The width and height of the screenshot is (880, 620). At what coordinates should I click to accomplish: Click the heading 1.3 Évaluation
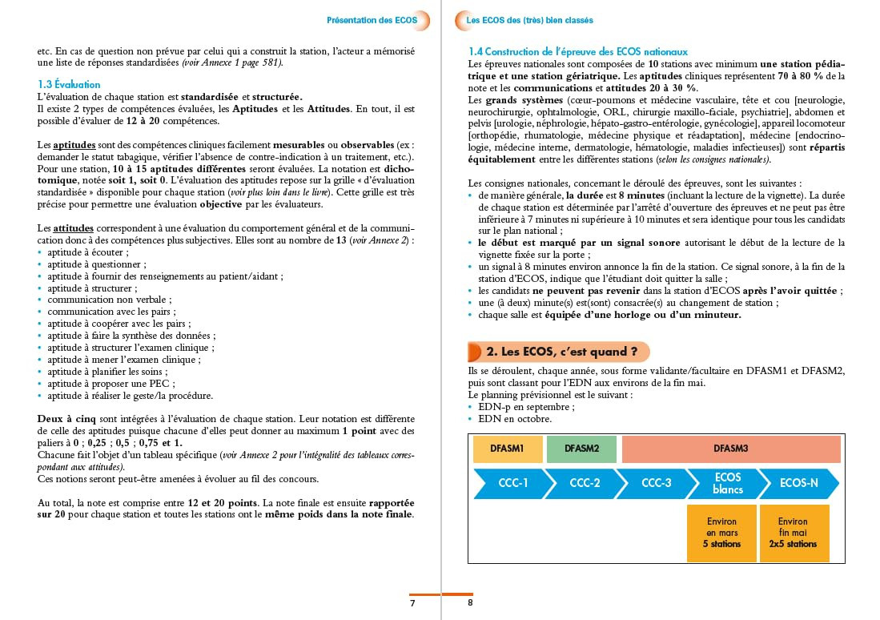69,84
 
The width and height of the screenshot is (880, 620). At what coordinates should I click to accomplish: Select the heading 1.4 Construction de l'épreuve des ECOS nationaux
577,51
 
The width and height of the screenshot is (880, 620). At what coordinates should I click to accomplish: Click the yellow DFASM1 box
508,449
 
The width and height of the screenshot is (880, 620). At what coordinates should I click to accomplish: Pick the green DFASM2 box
581,449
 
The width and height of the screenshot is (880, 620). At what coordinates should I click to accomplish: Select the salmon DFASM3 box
730,449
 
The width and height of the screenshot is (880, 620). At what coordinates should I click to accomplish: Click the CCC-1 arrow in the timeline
512,484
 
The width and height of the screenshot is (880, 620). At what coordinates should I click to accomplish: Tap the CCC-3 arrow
656,484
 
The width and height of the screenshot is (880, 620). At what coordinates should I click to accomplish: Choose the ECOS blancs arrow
727,484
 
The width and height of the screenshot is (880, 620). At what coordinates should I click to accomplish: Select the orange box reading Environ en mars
721,533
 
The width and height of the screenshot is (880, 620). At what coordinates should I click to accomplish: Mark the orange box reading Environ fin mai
793,533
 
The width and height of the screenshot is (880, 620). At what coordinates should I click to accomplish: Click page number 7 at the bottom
412,603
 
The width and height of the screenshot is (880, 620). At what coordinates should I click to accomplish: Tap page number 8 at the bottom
471,602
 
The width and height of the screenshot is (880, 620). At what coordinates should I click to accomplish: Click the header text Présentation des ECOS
372,20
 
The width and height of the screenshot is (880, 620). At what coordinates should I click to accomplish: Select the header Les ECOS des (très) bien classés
529,20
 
